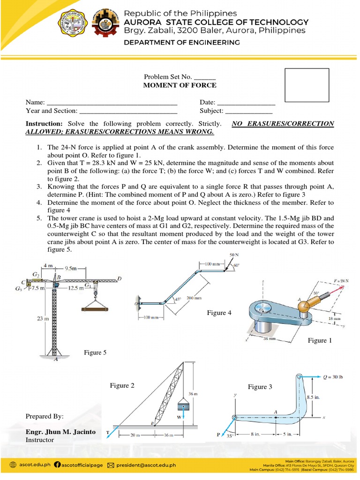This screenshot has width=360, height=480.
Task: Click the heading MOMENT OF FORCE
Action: point(180,85)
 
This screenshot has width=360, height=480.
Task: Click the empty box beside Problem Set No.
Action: point(307,85)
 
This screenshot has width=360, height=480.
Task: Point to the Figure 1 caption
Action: point(320,340)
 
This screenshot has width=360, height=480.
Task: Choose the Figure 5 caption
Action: point(95,352)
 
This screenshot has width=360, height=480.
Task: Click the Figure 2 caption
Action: point(122,385)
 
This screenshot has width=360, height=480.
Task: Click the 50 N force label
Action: point(233,255)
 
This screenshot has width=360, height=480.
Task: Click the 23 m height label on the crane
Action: point(44,319)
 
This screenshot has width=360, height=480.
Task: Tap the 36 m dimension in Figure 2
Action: point(192,395)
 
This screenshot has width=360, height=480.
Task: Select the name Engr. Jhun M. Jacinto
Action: point(60,432)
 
